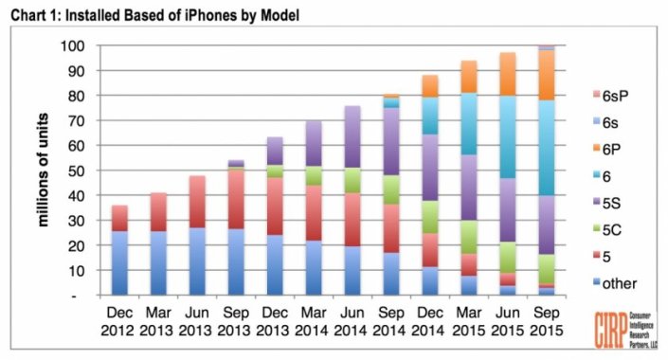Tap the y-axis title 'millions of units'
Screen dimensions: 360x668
tap(45, 171)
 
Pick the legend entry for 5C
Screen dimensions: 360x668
tap(604, 229)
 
